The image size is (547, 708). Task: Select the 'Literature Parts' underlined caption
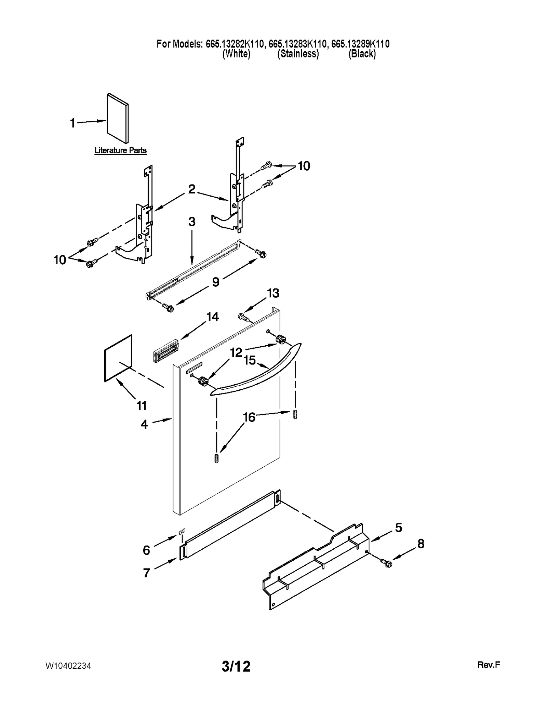pos(120,150)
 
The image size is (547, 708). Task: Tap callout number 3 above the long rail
pos(192,222)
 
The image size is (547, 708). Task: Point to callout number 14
pos(212,317)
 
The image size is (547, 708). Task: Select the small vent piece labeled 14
pos(165,350)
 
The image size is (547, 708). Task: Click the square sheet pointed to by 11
pos(118,358)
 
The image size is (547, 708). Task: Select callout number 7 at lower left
pos(147,572)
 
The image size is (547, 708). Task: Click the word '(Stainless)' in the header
pos(298,54)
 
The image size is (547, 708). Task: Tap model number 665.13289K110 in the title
pos(360,44)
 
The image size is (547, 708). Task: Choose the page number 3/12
pos(236,666)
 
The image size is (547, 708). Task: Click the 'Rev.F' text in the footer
pos(489,665)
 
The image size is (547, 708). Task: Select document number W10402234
pos(68,666)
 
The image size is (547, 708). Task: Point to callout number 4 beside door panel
pos(144,424)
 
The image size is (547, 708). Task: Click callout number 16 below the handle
pos(249,417)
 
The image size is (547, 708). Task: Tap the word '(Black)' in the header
pos(362,54)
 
